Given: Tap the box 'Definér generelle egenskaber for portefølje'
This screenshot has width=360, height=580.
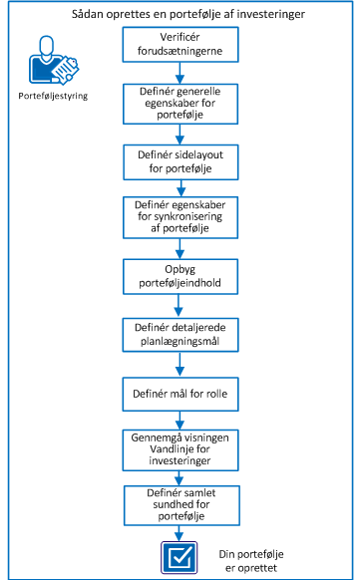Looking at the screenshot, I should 180,103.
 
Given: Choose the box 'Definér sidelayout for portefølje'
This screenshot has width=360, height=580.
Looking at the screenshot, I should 180,160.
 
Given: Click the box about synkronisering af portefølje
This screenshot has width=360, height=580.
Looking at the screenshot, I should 180,216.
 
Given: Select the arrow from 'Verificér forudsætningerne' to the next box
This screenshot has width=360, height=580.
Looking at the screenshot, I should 180,73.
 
